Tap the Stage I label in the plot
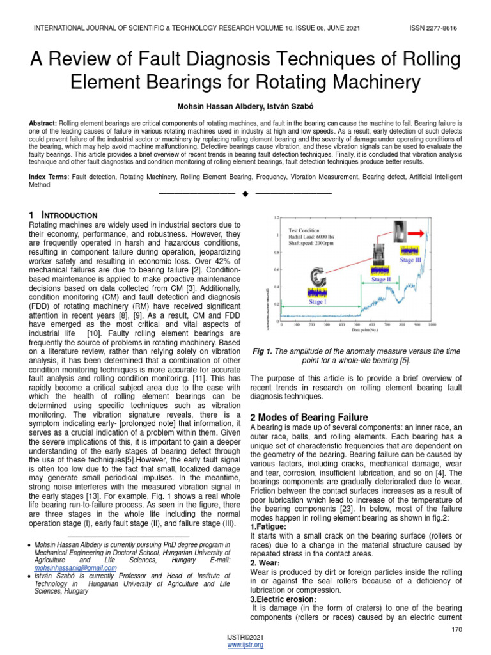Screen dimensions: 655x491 316,302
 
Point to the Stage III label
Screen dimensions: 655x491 411,260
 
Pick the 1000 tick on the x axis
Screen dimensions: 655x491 432,324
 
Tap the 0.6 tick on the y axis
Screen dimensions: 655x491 277,269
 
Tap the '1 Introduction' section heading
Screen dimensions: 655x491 63,216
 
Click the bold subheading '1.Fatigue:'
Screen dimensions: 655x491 268,526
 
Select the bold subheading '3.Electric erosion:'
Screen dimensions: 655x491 283,599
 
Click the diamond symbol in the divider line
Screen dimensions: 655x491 245,193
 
